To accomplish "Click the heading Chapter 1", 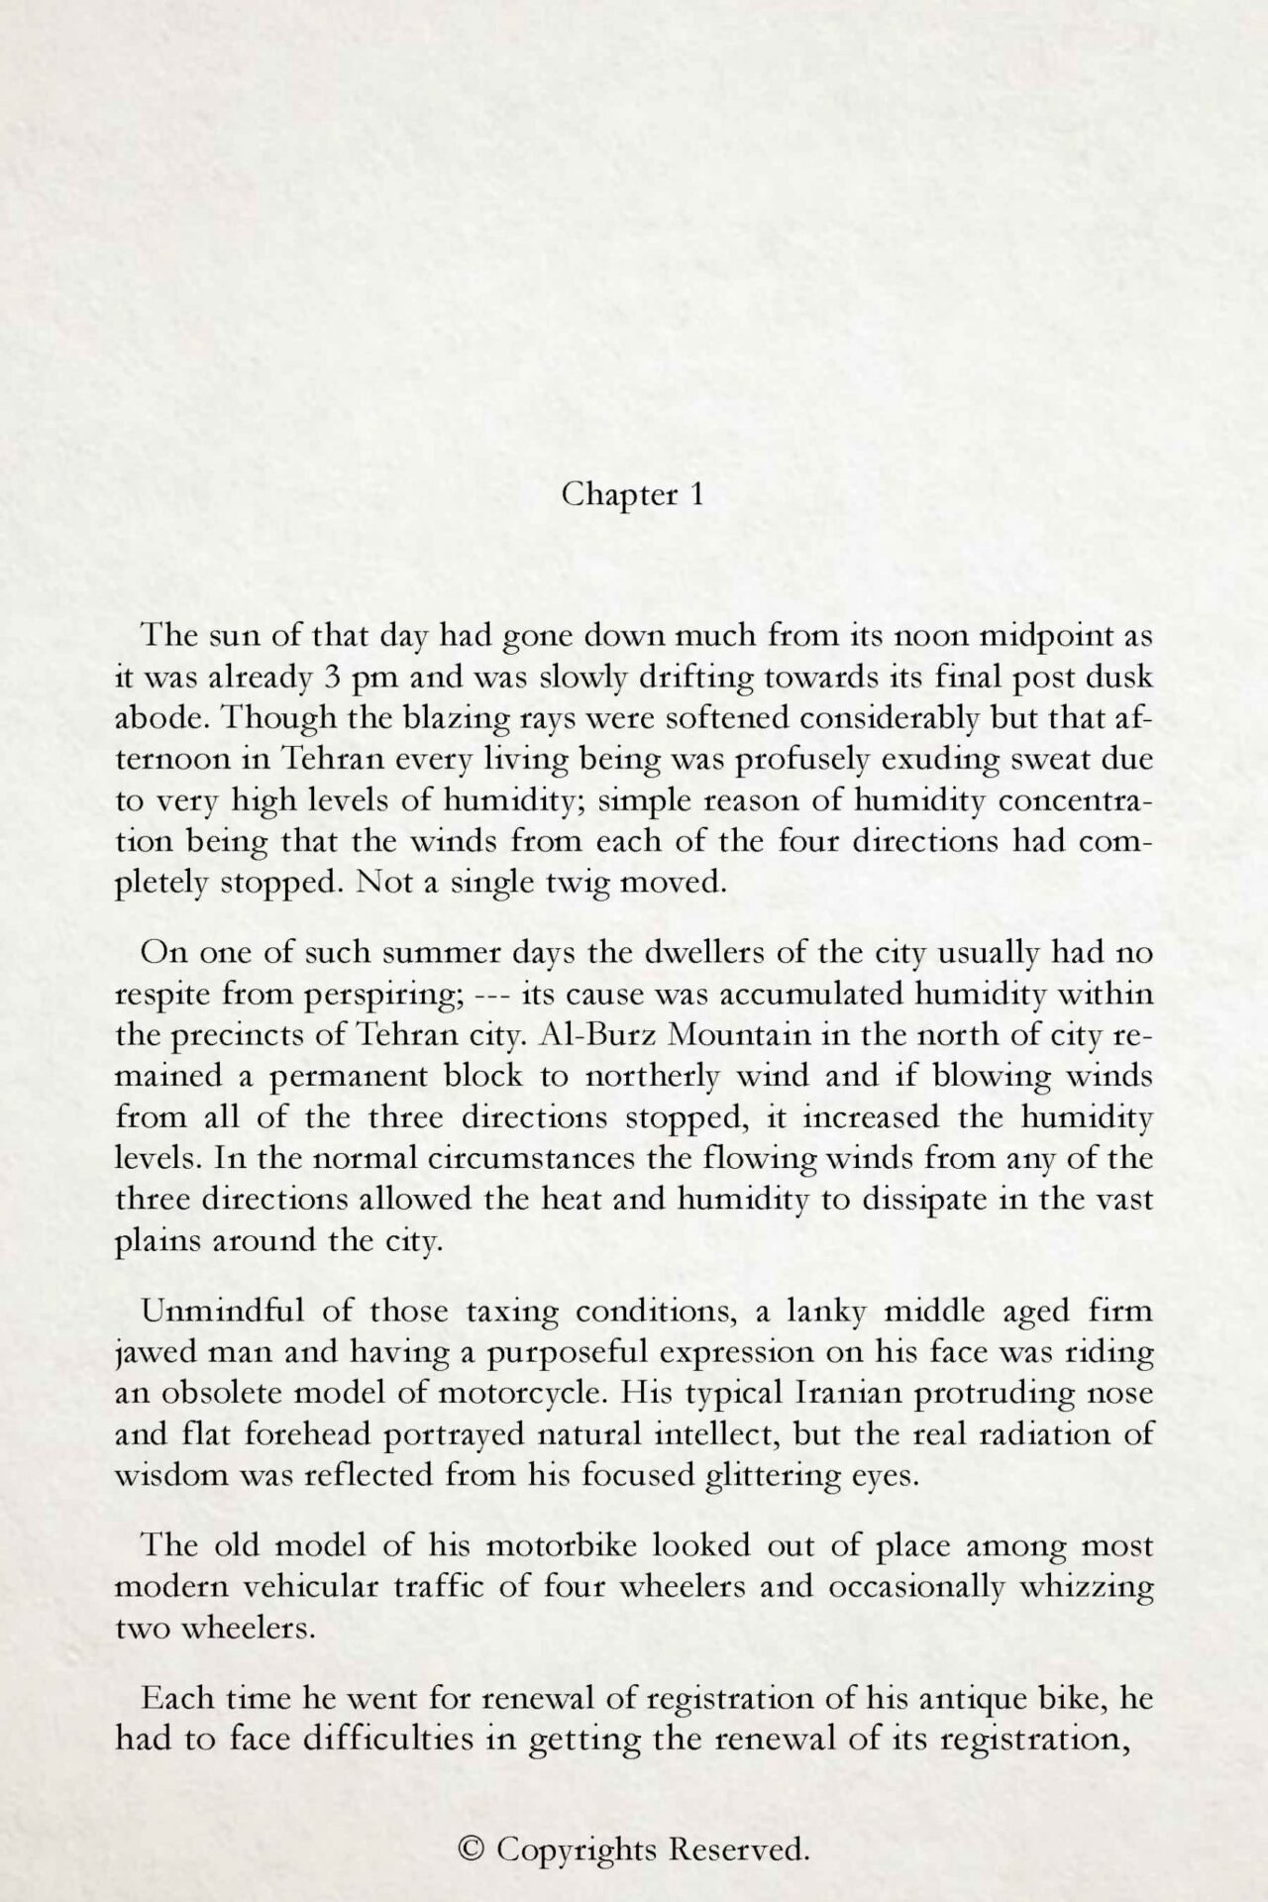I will pyautogui.click(x=632, y=494).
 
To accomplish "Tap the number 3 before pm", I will pyautogui.click(x=333, y=678).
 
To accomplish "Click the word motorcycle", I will pyautogui.click(x=518, y=1394).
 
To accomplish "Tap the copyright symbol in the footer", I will pyautogui.click(x=474, y=1849).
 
